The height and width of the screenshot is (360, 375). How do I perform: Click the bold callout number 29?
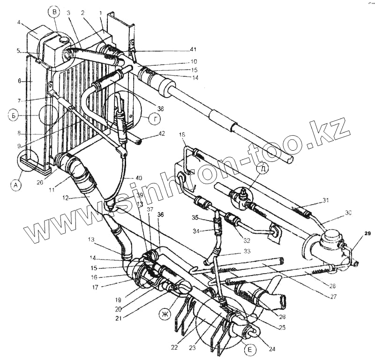(368, 234)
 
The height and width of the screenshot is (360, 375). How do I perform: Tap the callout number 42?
(162, 134)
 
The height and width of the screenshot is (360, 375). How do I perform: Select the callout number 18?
(182, 135)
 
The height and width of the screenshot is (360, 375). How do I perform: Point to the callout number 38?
(161, 108)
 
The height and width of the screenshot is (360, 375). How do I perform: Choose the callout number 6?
(19, 81)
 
